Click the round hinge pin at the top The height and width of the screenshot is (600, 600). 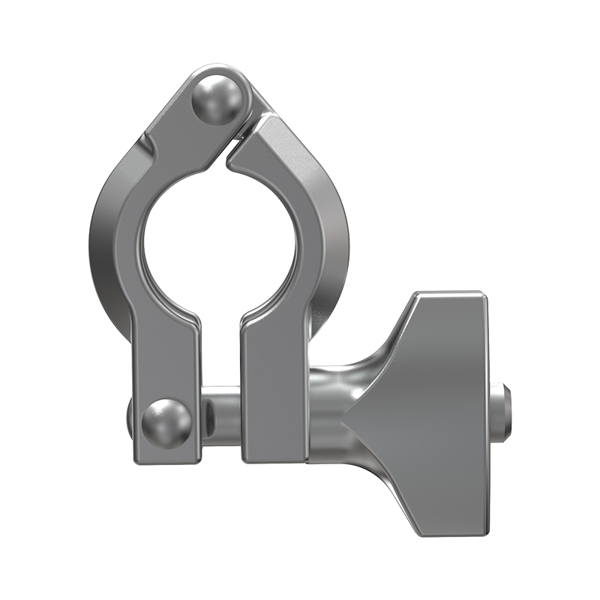tap(217, 97)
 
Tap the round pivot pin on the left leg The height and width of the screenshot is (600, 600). tap(166, 423)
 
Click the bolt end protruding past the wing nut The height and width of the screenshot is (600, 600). tap(505, 412)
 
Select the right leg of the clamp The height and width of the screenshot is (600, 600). tap(274, 375)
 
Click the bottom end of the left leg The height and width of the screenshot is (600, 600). tap(166, 456)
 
